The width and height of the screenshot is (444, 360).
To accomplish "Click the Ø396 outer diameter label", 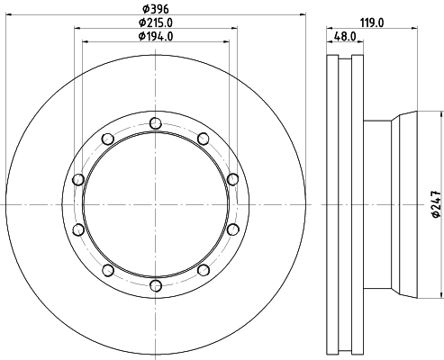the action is pos(156,9).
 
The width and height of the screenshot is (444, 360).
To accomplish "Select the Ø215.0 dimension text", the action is pos(156,22).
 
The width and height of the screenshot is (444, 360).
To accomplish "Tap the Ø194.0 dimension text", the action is pos(156,36).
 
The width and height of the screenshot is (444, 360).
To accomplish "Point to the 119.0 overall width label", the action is pos(372,22).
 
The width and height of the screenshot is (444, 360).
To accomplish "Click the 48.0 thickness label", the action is pos(345,36).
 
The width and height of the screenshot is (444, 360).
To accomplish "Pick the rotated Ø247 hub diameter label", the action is pos(436,204).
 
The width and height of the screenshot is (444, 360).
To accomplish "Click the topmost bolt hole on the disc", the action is pos(156,123).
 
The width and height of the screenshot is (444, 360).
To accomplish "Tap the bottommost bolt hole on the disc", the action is pos(156,286).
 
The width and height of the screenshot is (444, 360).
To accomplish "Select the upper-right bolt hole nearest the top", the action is pos(204,139).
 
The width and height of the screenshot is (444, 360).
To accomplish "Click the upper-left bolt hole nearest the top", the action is pos(108,139).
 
